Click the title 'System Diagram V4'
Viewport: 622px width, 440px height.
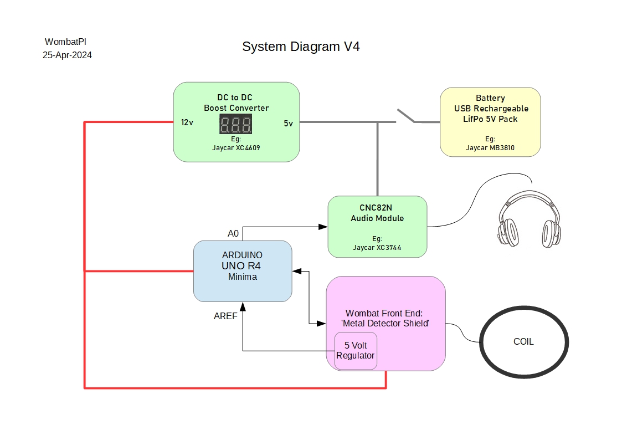tap(301, 47)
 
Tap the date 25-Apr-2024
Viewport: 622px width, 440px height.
tap(67, 55)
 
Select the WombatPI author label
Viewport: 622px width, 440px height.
tap(65, 42)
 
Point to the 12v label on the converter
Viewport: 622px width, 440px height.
tap(187, 123)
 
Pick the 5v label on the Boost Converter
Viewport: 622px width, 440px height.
tap(288, 124)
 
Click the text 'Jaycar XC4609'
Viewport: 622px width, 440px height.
tap(236, 148)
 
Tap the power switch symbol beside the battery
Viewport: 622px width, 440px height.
tap(405, 116)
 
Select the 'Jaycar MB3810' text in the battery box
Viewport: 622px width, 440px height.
tap(490, 149)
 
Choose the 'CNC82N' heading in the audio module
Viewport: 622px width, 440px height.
tap(377, 208)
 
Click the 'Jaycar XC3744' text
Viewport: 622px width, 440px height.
tap(377, 248)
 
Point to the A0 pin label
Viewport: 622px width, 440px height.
tap(233, 233)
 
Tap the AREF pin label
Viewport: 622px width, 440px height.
tap(225, 316)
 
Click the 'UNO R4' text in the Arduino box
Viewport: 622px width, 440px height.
tap(241, 266)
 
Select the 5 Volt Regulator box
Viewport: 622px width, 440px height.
tap(356, 351)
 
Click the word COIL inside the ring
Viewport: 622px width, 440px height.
tap(523, 341)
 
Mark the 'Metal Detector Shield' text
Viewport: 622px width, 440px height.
tap(385, 323)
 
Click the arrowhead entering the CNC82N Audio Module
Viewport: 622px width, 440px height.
tap(323, 226)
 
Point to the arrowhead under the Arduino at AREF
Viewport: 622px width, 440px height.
tap(243, 306)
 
